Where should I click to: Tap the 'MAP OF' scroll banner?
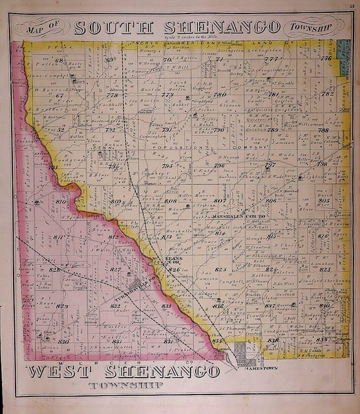[x=46, y=28]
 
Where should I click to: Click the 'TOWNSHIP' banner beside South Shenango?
[x=309, y=28]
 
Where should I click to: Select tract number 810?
[x=61, y=202]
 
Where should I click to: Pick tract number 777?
[x=271, y=59]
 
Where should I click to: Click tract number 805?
[x=324, y=201]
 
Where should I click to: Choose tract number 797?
[x=270, y=165]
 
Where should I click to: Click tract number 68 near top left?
[x=59, y=60]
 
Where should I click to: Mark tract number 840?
[x=325, y=305]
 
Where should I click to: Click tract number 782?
[x=328, y=93]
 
